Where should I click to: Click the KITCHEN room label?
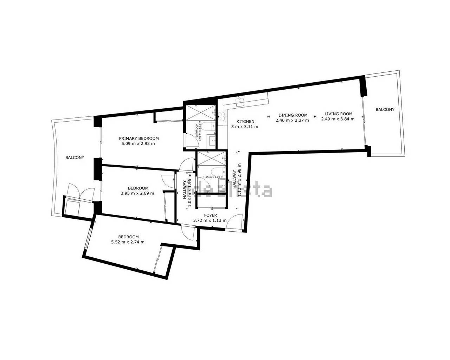(x=245, y=122)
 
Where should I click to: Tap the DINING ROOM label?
(x=293, y=115)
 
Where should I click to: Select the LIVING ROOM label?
(x=338, y=114)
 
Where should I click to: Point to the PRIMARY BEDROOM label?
(x=139, y=139)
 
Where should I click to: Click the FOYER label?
(x=210, y=215)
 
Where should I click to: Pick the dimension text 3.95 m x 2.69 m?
(x=137, y=193)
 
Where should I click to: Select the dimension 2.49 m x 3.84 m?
(x=337, y=119)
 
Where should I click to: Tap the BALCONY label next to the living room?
(x=385, y=110)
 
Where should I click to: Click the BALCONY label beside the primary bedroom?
(x=75, y=157)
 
